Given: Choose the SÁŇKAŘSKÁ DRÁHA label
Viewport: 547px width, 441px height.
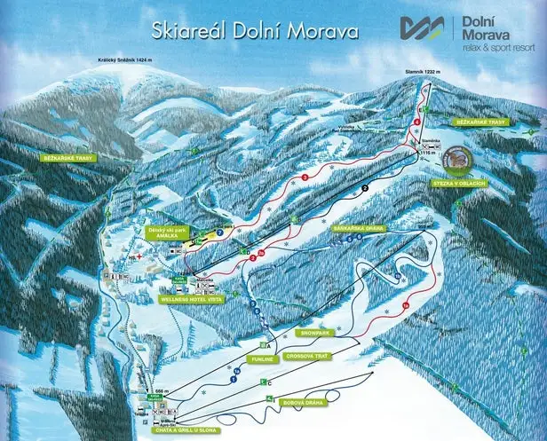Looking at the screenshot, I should click(x=358, y=228).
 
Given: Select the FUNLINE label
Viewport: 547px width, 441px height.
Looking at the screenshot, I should click(x=261, y=360).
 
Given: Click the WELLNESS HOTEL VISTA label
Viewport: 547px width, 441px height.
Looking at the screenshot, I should click(x=191, y=299).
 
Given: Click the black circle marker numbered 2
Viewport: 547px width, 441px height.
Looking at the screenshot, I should click(x=363, y=189).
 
